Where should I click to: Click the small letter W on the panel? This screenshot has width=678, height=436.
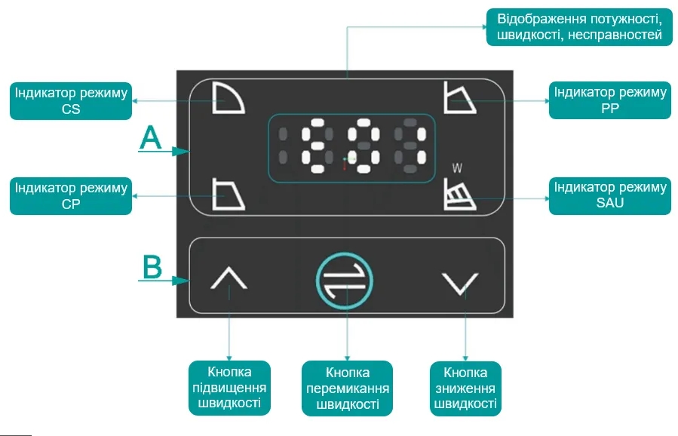(457, 167)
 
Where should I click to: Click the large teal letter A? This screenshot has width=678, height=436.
(150, 138)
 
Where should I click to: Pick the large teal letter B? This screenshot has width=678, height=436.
(152, 267)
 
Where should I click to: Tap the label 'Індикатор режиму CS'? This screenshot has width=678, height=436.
(71, 101)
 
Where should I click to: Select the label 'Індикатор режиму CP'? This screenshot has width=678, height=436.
(71, 196)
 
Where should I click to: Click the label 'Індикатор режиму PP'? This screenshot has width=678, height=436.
(609, 100)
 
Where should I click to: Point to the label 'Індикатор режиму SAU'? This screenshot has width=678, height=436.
(609, 195)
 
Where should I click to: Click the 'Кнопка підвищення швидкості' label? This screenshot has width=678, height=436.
(229, 388)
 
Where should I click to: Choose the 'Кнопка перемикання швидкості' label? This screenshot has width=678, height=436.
(347, 388)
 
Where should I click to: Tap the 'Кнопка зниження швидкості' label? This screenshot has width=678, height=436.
(465, 388)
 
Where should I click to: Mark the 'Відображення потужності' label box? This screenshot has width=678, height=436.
(579, 27)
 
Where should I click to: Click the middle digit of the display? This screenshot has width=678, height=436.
(364, 146)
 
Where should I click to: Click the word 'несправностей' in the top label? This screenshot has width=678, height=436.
(615, 35)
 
